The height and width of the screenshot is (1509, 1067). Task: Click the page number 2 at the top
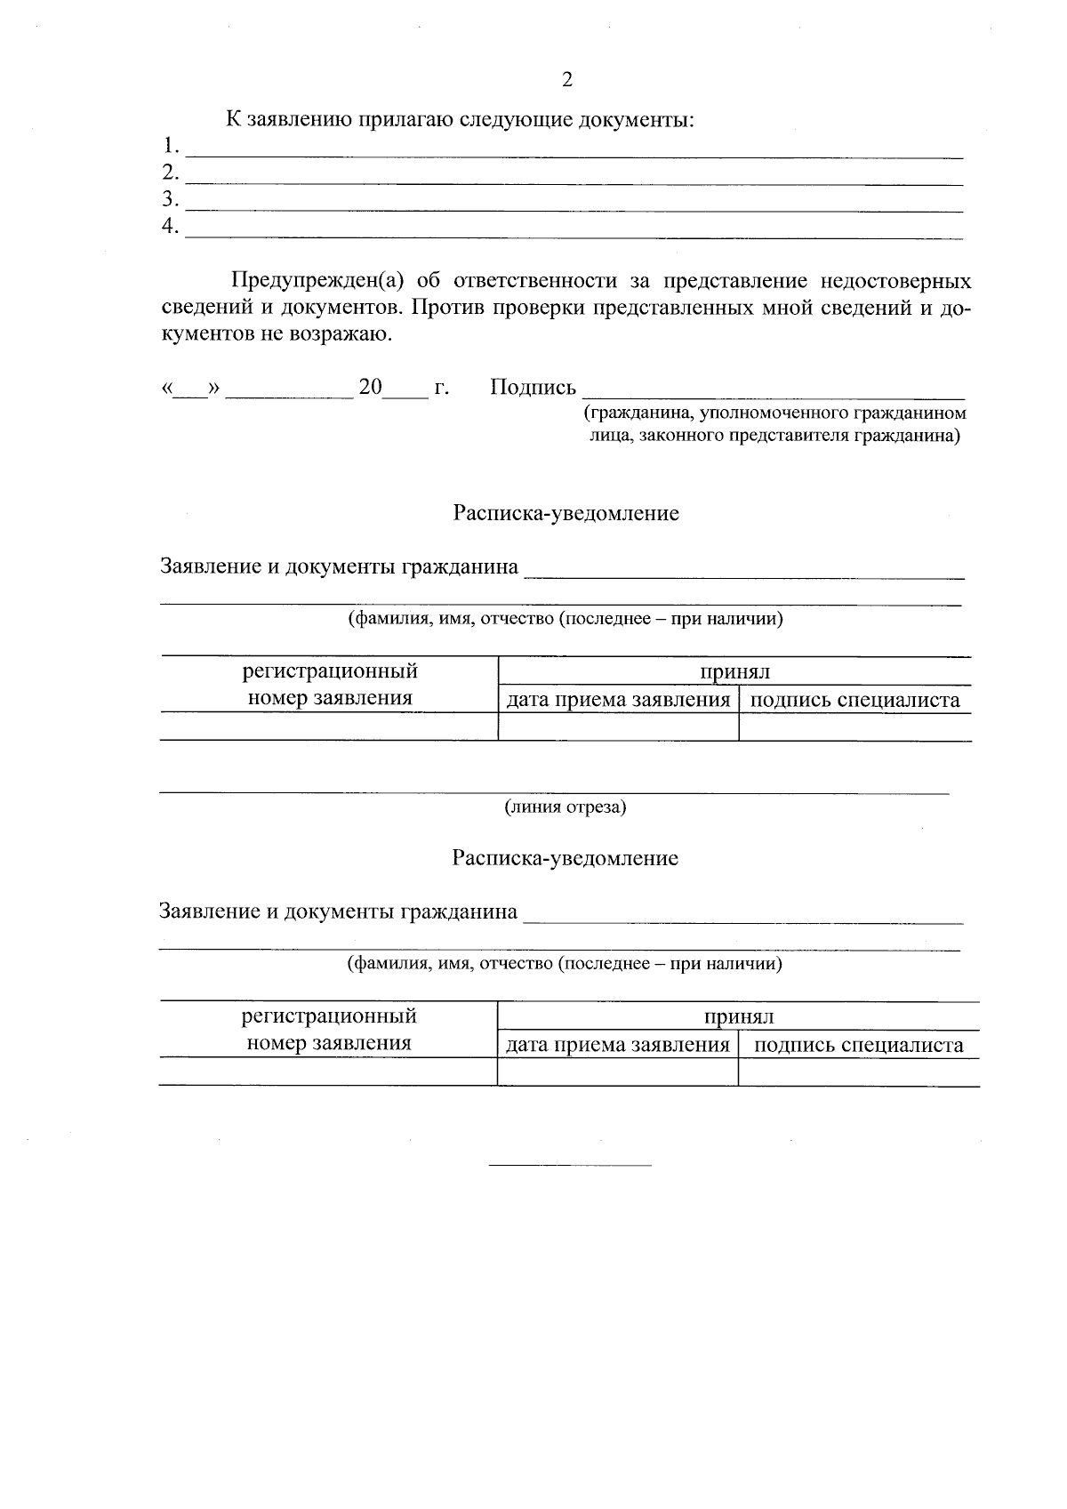tap(567, 80)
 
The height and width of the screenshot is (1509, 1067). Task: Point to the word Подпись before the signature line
tap(533, 388)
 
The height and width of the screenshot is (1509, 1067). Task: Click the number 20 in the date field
tap(370, 388)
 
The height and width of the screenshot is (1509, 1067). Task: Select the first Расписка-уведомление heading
tap(566, 513)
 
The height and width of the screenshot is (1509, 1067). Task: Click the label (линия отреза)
tap(566, 807)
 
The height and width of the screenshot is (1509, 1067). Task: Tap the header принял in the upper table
tap(734, 672)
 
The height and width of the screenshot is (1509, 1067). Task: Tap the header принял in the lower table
tap(738, 1017)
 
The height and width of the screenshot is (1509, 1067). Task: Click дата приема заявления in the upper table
tap(618, 700)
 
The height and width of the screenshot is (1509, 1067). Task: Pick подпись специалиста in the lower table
tap(858, 1045)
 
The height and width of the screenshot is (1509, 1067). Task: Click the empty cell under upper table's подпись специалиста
tap(854, 727)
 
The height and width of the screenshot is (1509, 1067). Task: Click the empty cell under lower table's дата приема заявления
tap(618, 1072)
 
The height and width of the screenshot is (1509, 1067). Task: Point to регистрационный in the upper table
tap(330, 671)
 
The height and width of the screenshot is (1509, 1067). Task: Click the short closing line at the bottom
tap(570, 1164)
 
